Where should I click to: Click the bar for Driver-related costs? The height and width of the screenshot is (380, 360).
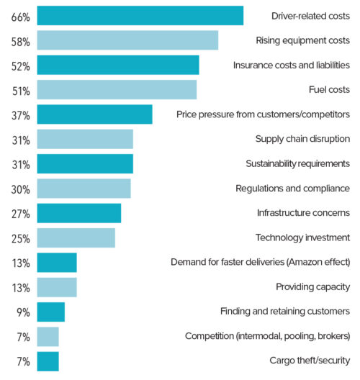coord(140,16)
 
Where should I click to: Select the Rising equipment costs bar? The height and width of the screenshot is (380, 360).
coord(127,40)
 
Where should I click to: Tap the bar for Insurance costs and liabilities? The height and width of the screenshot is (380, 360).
coord(117,65)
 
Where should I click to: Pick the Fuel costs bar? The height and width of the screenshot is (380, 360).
coord(117,89)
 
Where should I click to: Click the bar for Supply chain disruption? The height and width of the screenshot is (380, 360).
coord(85,139)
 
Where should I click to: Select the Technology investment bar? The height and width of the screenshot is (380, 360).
coord(76,237)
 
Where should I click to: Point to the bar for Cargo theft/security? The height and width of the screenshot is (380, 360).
coord(48,361)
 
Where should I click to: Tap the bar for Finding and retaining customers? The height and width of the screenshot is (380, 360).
coord(50,312)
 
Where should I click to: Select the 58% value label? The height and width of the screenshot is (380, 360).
coord(20,42)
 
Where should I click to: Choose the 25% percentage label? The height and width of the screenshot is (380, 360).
coord(20,239)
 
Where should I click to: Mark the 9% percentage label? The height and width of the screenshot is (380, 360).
coord(23,312)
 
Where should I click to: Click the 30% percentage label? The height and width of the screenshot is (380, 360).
coord(20,189)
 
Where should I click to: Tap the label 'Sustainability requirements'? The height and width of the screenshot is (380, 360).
coord(297,163)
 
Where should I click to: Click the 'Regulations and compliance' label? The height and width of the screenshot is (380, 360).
coord(292,189)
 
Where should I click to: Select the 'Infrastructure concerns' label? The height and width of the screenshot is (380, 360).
coord(303,213)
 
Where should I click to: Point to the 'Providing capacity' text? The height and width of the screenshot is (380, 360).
coord(312,287)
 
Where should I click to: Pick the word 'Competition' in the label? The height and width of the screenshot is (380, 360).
coord(209,336)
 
